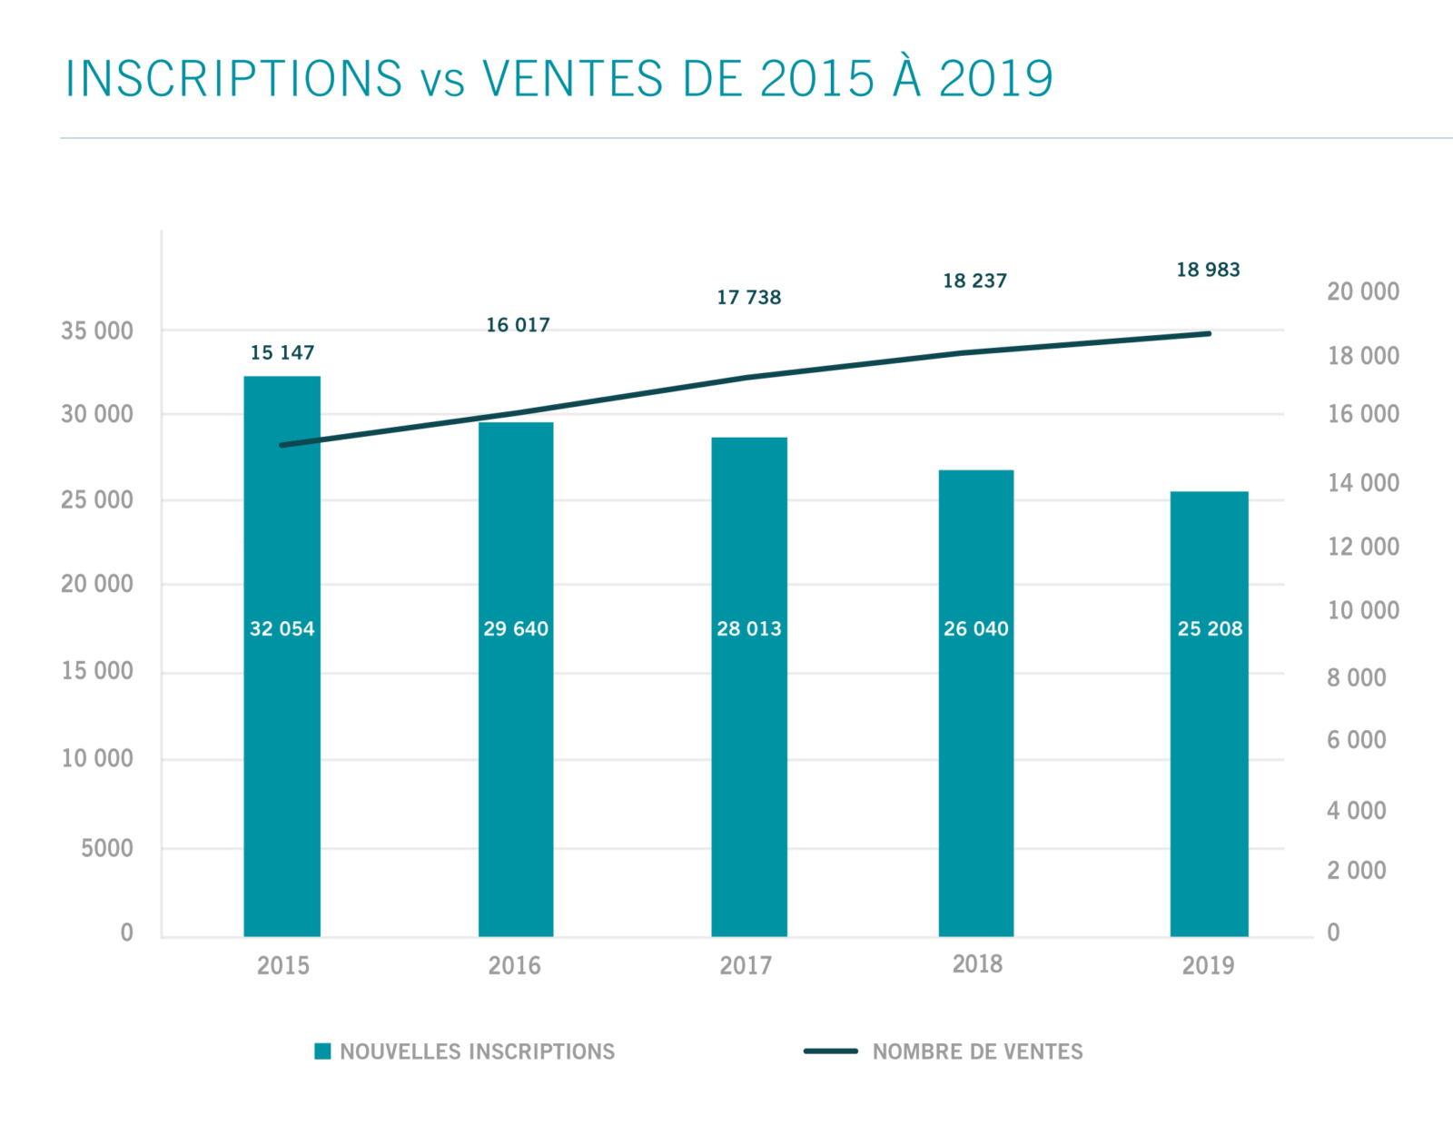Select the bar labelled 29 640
click(516, 726)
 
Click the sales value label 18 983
click(1208, 270)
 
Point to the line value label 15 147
click(282, 352)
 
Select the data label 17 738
click(748, 297)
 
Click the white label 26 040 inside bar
click(975, 628)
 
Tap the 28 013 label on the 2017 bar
click(748, 628)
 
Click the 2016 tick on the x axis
click(514, 965)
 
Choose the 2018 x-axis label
click(977, 964)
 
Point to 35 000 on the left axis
click(97, 331)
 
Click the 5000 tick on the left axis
click(107, 848)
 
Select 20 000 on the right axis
click(1362, 291)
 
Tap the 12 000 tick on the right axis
click(1362, 547)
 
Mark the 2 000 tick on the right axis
click(1356, 870)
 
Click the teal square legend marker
click(322, 1051)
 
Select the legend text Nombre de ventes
click(977, 1051)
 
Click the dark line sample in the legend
click(830, 1051)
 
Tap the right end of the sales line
click(1209, 334)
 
